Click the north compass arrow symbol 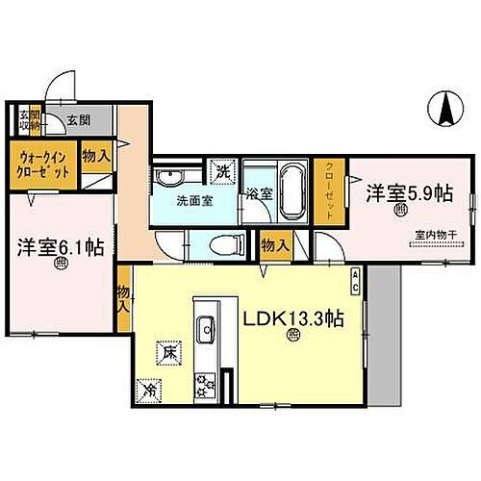pyautogui.click(x=446, y=108)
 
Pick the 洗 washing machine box pyautogui.click(x=222, y=172)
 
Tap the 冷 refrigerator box pyautogui.click(x=149, y=391)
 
